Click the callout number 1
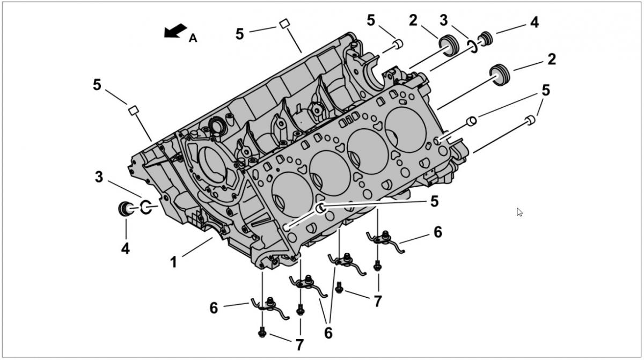pos(173,263)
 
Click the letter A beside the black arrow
pos(193,38)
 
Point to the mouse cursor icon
pos(519,212)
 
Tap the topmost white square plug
pos(284,24)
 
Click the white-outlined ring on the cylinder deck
pos(320,208)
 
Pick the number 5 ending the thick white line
pos(434,202)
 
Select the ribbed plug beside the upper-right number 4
pos(486,38)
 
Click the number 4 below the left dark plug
pos(125,249)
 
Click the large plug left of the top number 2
pos(449,45)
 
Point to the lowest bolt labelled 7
pos(262,332)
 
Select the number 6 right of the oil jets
pos(438,232)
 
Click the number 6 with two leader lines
pos(328,333)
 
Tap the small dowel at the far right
pos(529,120)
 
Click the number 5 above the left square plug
pos(97,85)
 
